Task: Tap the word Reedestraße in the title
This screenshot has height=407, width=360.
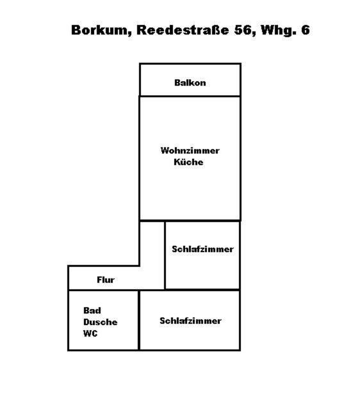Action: (183, 30)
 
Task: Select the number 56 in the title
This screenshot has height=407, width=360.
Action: (243, 30)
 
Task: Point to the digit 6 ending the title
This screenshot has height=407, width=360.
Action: (306, 30)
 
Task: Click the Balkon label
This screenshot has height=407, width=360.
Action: (190, 83)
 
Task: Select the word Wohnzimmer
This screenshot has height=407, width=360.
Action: (190, 150)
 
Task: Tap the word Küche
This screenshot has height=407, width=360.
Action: (188, 162)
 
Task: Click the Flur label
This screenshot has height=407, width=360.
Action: (106, 280)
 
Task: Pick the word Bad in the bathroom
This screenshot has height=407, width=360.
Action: (92, 310)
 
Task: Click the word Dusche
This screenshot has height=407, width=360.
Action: (101, 322)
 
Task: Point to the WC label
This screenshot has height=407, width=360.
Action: (90, 333)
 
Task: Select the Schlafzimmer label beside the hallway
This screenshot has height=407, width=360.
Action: (202, 249)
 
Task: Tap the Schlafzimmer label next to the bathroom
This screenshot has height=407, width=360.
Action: (190, 321)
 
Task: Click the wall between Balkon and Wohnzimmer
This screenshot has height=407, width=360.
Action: (190, 96)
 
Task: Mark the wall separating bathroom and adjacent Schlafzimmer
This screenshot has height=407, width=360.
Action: (139, 321)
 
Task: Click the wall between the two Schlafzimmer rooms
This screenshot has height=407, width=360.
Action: (202, 289)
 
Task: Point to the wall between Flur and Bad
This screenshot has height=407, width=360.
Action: (103, 290)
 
